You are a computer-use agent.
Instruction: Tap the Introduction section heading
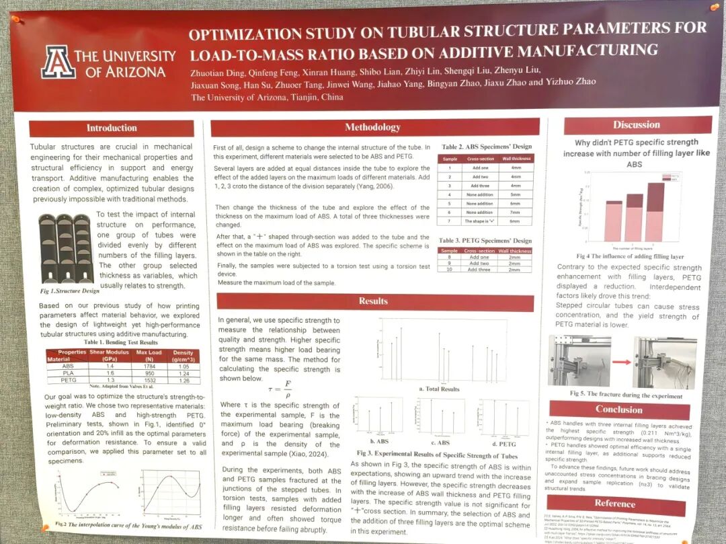(x=112, y=128)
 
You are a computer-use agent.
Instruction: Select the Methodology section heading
(x=372, y=127)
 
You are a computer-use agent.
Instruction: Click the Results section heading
(x=373, y=301)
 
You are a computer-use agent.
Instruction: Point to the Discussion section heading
(x=636, y=124)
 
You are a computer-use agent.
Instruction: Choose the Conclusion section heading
(x=618, y=409)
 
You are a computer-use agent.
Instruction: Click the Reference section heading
(x=614, y=503)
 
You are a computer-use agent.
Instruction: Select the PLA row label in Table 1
(x=68, y=373)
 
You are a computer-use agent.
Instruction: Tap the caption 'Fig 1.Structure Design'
(x=69, y=291)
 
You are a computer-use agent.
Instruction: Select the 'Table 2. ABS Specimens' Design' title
(x=486, y=147)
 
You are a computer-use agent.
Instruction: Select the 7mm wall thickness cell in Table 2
(x=515, y=212)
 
